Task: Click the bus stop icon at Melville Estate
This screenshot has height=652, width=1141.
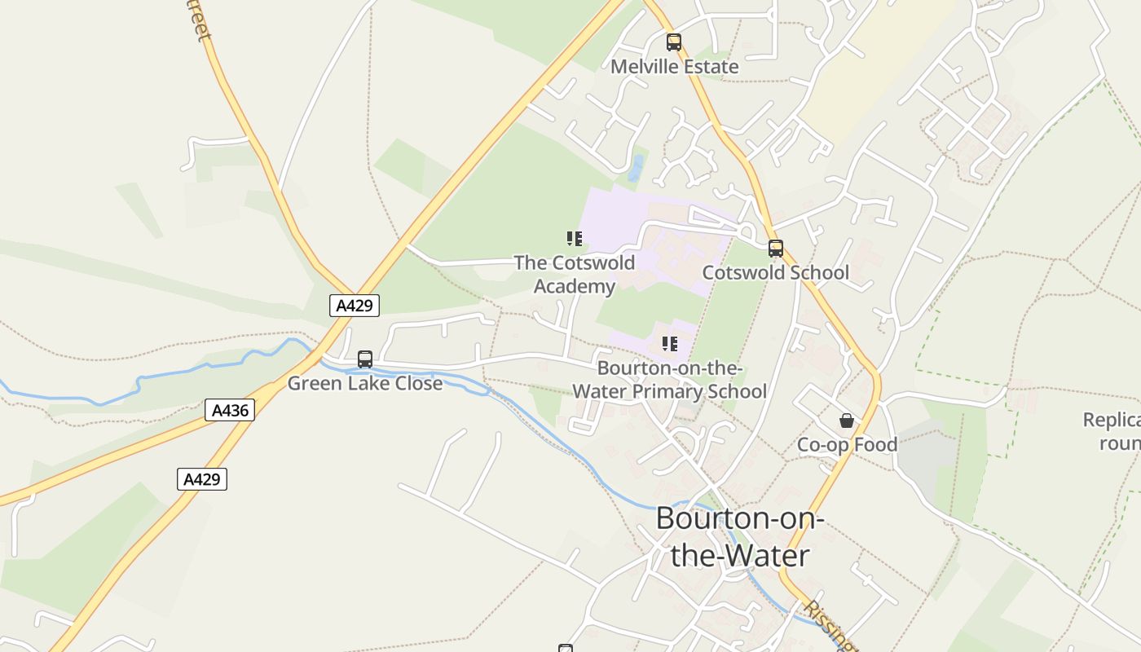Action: point(674,42)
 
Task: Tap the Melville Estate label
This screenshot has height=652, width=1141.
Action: point(675,67)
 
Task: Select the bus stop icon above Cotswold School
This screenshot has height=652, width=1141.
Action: point(776,249)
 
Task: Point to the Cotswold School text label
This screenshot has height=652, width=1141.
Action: point(775,273)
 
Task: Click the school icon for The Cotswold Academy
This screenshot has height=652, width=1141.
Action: point(575,239)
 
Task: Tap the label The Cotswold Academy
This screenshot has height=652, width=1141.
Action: point(575,275)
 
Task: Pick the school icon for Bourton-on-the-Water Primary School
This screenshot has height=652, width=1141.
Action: point(670,344)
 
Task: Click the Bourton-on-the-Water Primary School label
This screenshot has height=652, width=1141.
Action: point(669,380)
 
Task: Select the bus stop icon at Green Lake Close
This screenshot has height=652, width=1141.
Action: point(365,359)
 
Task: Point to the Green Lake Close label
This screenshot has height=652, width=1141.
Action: point(365,383)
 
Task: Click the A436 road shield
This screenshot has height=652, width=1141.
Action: point(230,410)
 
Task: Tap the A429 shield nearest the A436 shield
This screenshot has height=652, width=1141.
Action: point(202,479)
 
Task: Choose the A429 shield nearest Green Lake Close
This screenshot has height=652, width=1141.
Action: point(355,306)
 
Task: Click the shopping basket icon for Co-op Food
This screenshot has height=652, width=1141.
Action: point(847,421)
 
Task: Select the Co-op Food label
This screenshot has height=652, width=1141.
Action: point(847,445)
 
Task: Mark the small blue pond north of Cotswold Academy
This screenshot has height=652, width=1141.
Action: point(636,168)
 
